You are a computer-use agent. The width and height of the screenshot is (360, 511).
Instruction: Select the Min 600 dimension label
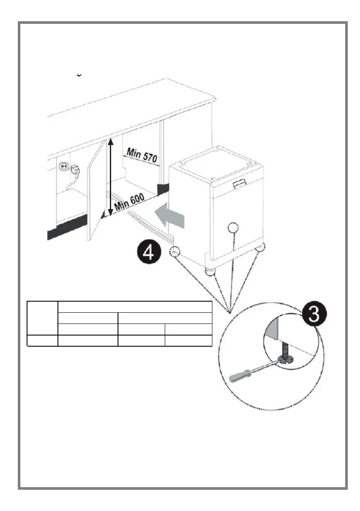129,204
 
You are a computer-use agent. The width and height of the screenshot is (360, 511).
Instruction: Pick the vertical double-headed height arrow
110,176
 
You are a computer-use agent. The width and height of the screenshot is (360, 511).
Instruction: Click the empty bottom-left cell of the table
42,341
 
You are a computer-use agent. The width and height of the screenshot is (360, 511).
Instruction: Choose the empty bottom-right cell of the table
188,341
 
